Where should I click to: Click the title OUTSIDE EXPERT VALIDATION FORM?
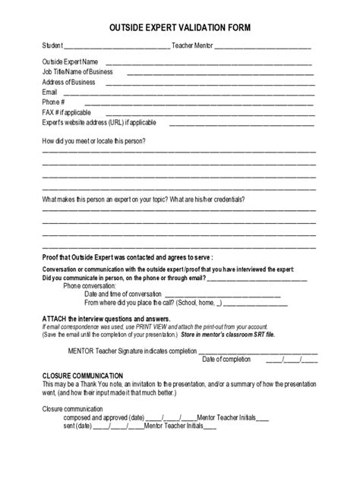(x=179, y=27)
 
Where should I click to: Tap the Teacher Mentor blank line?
(x=263, y=47)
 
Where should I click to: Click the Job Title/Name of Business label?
(x=77, y=72)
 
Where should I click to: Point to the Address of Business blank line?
(x=210, y=82)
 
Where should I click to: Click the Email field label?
(x=49, y=92)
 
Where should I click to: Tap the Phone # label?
(x=53, y=102)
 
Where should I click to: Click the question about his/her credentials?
(x=144, y=200)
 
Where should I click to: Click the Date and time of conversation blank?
(x=223, y=294)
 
